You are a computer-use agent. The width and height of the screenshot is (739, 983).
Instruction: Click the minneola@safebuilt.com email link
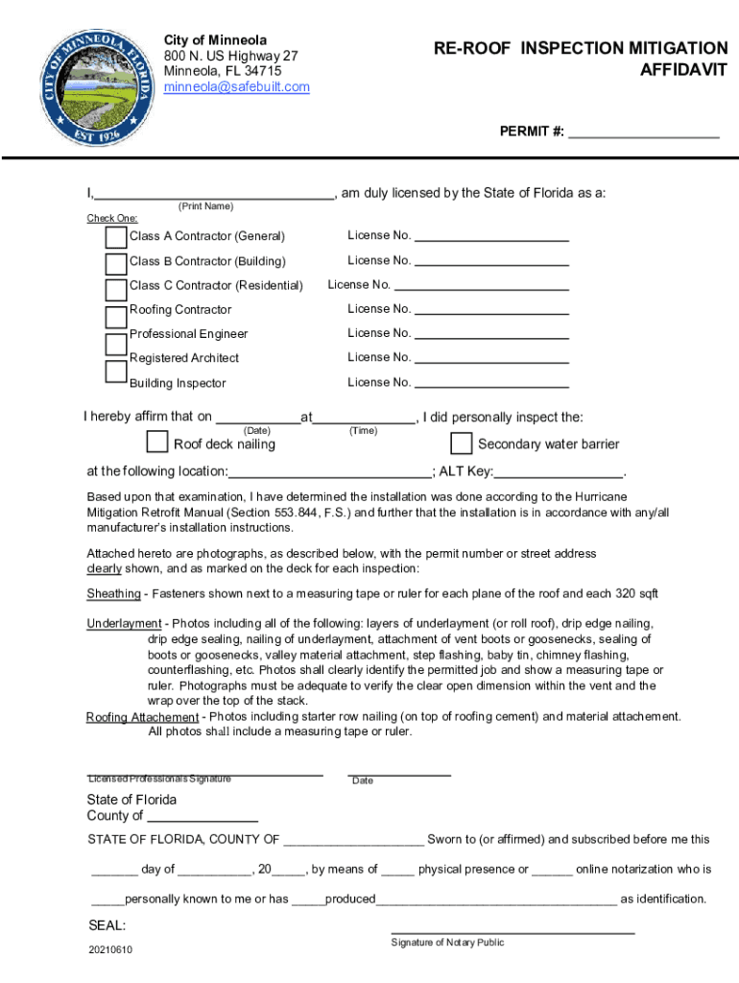(x=236, y=87)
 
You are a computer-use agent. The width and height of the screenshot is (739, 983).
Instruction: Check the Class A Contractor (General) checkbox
(x=116, y=237)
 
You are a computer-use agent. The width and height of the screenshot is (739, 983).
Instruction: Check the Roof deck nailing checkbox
(x=157, y=442)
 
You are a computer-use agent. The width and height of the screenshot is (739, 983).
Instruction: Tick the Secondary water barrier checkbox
(x=462, y=444)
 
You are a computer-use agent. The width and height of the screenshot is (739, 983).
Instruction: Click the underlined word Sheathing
(x=113, y=593)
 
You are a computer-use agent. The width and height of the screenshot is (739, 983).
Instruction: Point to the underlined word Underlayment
(x=124, y=624)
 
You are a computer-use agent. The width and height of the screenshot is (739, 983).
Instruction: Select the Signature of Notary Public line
(x=513, y=930)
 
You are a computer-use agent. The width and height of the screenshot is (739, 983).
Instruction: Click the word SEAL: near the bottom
(x=107, y=926)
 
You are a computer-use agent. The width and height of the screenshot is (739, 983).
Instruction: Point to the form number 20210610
(x=109, y=950)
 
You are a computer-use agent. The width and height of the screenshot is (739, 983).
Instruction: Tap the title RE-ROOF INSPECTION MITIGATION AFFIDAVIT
(x=580, y=60)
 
